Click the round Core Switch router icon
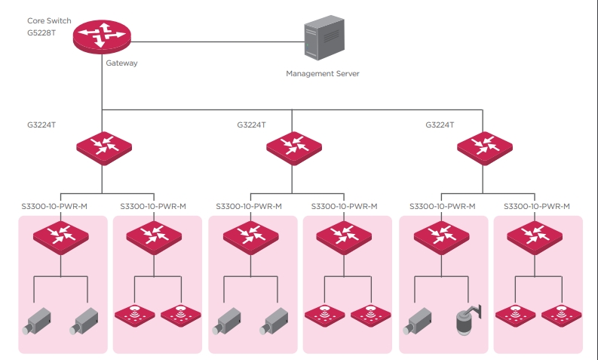[x=102, y=37]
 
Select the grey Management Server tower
[x=324, y=38]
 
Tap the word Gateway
[x=121, y=63]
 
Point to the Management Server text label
[x=323, y=73]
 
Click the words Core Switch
[x=49, y=20]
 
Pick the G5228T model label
[x=41, y=33]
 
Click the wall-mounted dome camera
[x=469, y=320]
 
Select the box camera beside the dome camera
[x=418, y=321]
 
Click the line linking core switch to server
[x=217, y=42]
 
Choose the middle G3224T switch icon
[x=294, y=148]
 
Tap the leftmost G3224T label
[x=41, y=125]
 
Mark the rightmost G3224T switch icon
[x=485, y=148]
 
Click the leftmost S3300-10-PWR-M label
[x=54, y=207]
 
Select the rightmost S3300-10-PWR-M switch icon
[x=535, y=238]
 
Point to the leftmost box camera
[x=37, y=321]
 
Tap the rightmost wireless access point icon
[x=561, y=315]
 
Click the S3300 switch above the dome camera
[x=442, y=238]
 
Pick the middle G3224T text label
[x=251, y=125]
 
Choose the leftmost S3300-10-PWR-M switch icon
[x=61, y=238]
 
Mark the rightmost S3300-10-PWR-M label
[x=537, y=207]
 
